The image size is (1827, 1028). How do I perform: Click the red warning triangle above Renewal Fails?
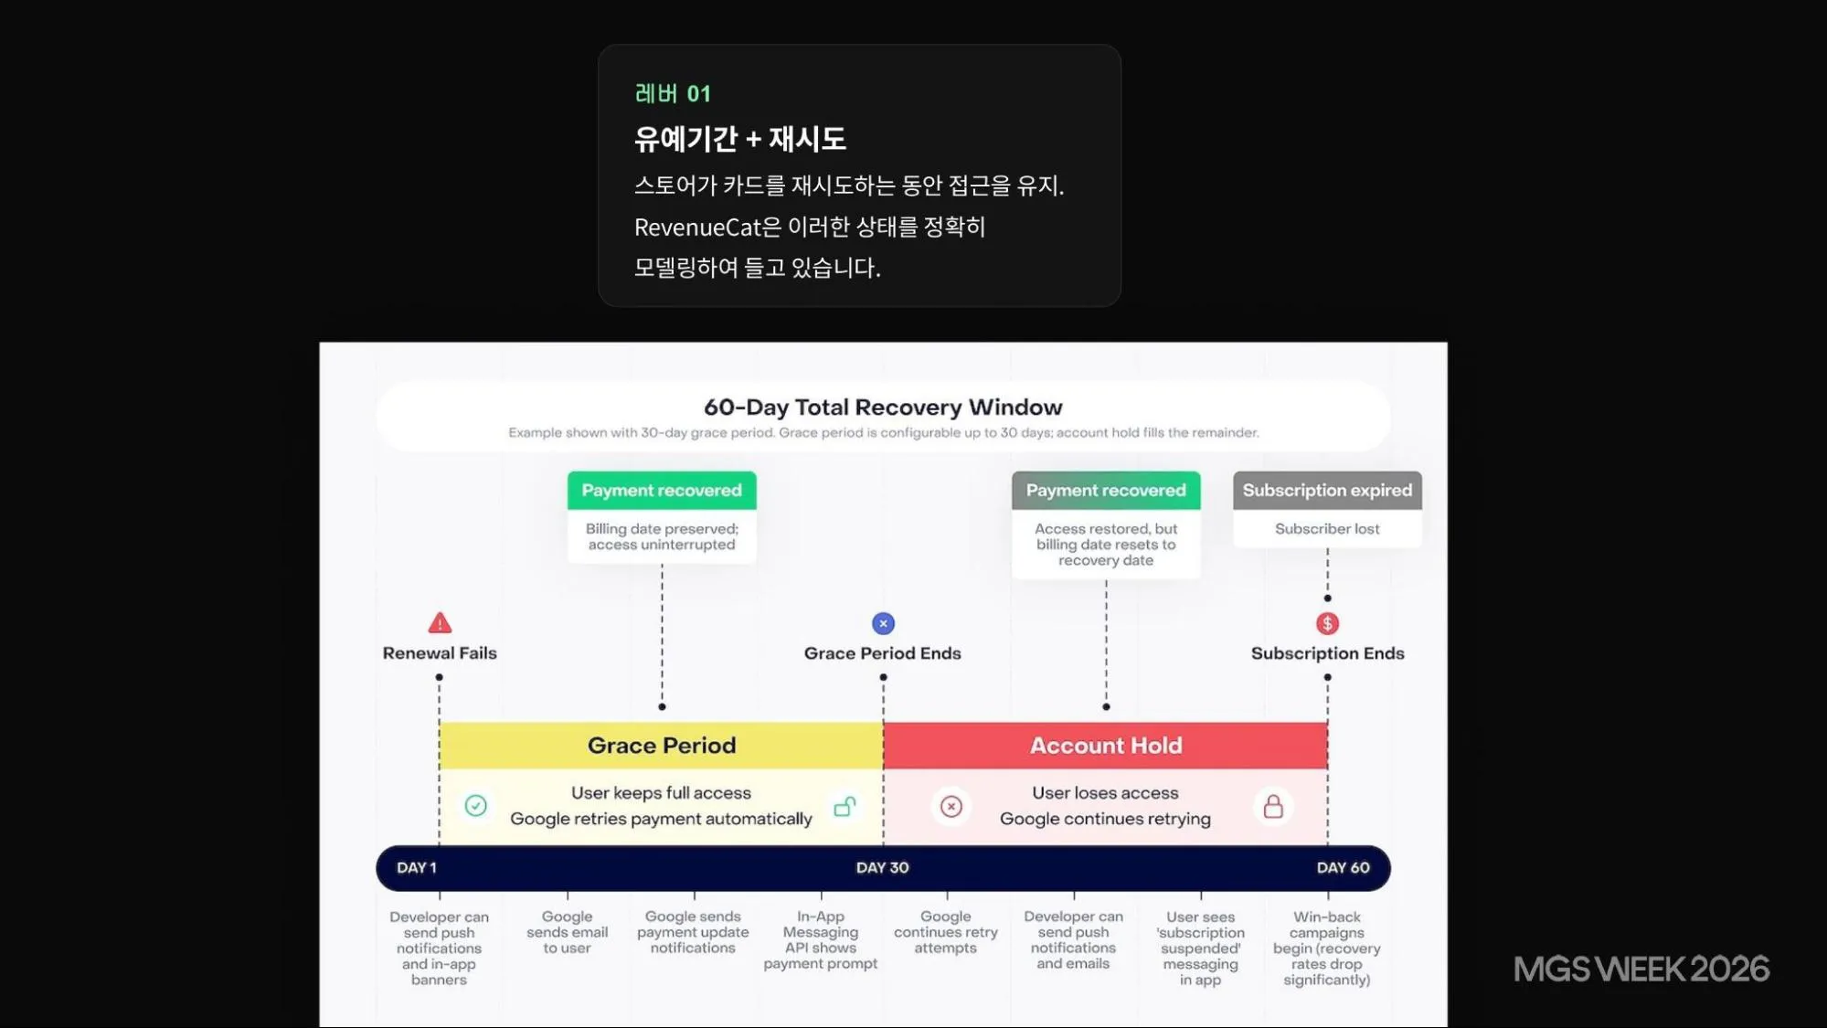click(x=440, y=623)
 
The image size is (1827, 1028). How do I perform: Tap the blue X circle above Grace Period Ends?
click(x=883, y=623)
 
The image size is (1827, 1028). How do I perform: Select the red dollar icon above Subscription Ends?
click(x=1327, y=623)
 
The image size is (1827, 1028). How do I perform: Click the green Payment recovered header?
click(x=662, y=491)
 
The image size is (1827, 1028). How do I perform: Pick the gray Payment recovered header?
click(x=1106, y=491)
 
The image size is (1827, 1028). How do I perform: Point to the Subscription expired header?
click(x=1327, y=491)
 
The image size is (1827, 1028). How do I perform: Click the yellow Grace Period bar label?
click(x=662, y=746)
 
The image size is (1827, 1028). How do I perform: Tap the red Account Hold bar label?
click(x=1106, y=746)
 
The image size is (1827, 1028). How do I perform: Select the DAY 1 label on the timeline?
click(x=417, y=868)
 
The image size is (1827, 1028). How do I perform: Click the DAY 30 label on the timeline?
click(x=883, y=868)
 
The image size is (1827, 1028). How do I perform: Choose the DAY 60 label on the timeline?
click(x=1344, y=868)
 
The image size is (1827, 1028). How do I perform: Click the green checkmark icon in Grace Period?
click(x=475, y=806)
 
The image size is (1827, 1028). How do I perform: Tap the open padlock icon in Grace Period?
click(x=845, y=806)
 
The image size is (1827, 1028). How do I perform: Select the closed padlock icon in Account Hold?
click(x=1273, y=807)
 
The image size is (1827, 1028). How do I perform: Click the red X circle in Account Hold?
click(x=951, y=807)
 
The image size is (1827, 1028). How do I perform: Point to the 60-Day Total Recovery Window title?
click(x=883, y=408)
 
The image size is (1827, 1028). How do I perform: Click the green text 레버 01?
click(x=673, y=94)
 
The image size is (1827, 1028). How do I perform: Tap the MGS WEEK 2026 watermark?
click(x=1641, y=970)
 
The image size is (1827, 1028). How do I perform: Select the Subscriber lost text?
click(x=1327, y=529)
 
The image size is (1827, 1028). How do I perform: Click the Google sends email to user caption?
click(x=567, y=932)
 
